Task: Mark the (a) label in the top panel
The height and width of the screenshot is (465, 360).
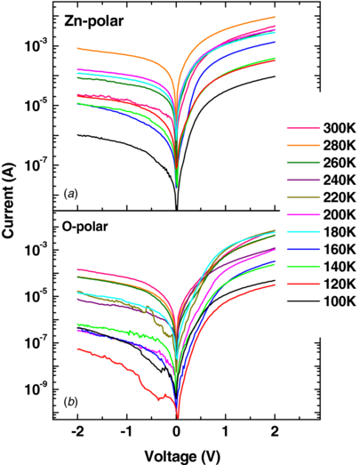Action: (67, 193)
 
